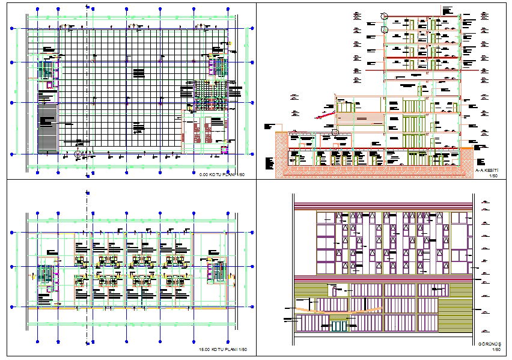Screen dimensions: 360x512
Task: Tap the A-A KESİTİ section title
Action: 487,170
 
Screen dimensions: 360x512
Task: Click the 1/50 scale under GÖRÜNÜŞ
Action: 496,349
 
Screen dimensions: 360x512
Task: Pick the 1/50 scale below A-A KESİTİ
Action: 494,175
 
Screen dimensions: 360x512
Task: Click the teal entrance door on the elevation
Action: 340,325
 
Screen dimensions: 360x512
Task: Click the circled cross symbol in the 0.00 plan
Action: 77,154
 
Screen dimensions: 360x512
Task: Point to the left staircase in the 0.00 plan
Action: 46,70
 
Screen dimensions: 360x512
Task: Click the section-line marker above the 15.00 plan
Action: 87,194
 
